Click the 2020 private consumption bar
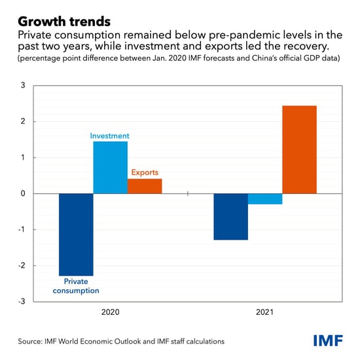click(x=76, y=234)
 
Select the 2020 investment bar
click(x=110, y=168)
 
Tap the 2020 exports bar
click(x=145, y=186)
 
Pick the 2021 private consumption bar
click(x=231, y=217)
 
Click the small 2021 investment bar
click(x=265, y=199)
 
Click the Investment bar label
click(x=109, y=136)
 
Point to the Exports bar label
click(x=145, y=173)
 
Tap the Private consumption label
click(x=76, y=285)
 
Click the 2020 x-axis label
click(x=110, y=313)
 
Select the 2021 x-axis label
click(x=265, y=313)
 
